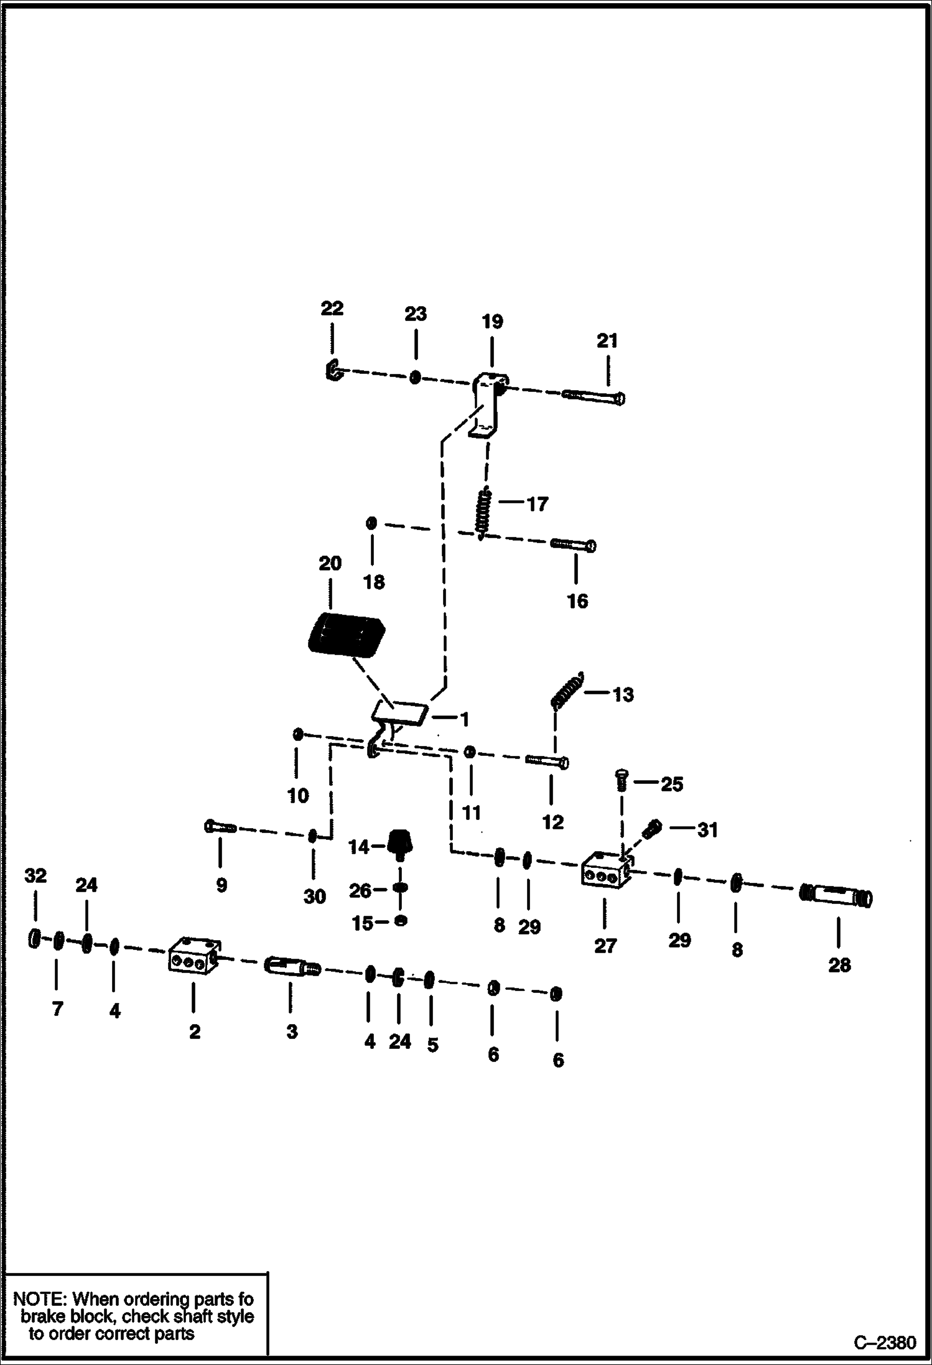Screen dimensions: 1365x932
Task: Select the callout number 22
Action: tap(332, 309)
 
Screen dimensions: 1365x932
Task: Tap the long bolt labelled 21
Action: tap(594, 396)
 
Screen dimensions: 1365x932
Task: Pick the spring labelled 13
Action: tap(567, 690)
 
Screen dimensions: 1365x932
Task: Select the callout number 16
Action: tap(577, 601)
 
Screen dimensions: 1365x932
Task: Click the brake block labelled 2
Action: tap(193, 959)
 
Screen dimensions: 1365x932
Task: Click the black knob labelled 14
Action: tap(401, 845)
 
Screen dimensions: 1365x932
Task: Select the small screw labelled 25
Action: tap(621, 780)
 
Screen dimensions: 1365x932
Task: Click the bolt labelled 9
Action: tap(218, 827)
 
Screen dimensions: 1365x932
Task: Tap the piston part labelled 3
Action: tap(291, 966)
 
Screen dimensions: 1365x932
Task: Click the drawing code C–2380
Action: tap(884, 1343)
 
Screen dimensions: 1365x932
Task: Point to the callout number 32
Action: tap(35, 876)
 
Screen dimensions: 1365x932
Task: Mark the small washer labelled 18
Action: tap(371, 523)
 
